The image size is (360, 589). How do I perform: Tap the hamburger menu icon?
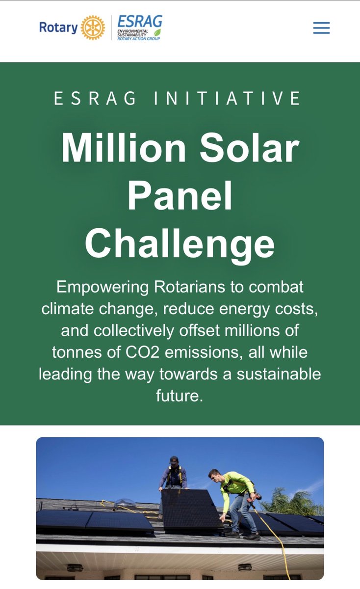321,28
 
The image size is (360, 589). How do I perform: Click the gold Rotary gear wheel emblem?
93,27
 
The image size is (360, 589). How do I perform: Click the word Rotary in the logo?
58,27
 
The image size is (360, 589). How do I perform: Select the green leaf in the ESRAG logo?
157,32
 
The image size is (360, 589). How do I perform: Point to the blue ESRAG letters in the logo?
139,22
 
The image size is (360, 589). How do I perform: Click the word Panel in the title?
180,195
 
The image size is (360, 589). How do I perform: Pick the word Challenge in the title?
180,243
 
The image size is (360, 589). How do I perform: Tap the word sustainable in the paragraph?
279,374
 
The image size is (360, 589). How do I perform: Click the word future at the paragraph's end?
179,396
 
